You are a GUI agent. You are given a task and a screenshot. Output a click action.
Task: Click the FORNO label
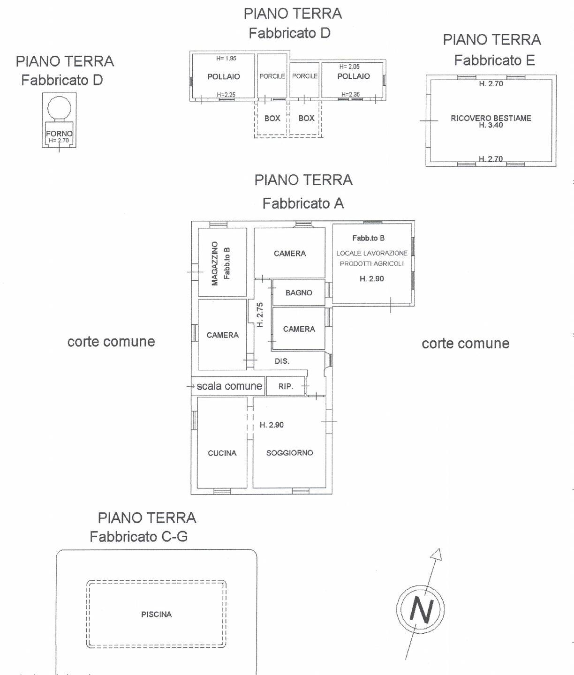(x=59, y=134)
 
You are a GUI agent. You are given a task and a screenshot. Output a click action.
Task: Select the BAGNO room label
(x=299, y=292)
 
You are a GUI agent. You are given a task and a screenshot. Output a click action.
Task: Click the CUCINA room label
(x=222, y=453)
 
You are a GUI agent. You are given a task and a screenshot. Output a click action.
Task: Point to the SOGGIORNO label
(x=289, y=453)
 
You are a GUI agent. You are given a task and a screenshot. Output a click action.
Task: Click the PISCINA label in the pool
(x=156, y=614)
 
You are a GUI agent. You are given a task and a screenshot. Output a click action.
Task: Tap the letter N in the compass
(x=421, y=609)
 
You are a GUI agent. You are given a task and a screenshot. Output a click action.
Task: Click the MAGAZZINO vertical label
(x=215, y=263)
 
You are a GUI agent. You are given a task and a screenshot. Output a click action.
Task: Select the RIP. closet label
(x=286, y=387)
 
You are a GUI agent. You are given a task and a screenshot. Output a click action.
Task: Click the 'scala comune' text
(x=229, y=386)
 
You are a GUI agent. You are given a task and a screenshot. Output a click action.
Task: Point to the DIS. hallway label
(x=282, y=361)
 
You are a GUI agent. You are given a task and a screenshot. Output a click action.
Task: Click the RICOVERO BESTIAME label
(x=491, y=118)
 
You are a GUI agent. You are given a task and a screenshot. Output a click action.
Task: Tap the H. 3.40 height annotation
(x=491, y=125)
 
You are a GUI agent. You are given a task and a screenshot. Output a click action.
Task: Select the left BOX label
(x=272, y=118)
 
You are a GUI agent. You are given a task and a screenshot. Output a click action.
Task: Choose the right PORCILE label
(x=305, y=76)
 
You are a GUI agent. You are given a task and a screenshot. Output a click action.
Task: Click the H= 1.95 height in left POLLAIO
(x=226, y=59)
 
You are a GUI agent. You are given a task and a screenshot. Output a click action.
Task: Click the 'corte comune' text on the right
(x=465, y=344)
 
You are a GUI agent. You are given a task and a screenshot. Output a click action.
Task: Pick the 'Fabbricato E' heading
(x=494, y=60)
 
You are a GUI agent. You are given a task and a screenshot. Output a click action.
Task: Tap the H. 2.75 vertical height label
(x=260, y=314)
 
